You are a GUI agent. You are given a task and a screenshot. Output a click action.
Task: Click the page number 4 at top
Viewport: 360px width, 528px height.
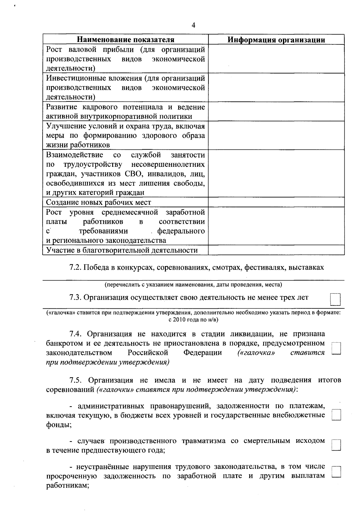click(x=193, y=25)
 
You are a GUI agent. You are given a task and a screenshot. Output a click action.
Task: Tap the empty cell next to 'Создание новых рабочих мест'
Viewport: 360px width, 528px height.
click(x=276, y=202)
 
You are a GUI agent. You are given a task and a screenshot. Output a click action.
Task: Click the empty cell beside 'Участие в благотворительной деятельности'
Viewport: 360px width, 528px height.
click(x=276, y=250)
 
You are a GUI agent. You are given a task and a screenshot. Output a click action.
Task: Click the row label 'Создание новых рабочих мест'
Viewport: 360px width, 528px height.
click(x=98, y=202)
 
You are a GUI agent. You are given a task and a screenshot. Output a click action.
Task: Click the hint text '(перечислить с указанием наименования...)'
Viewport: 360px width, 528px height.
click(x=193, y=284)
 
